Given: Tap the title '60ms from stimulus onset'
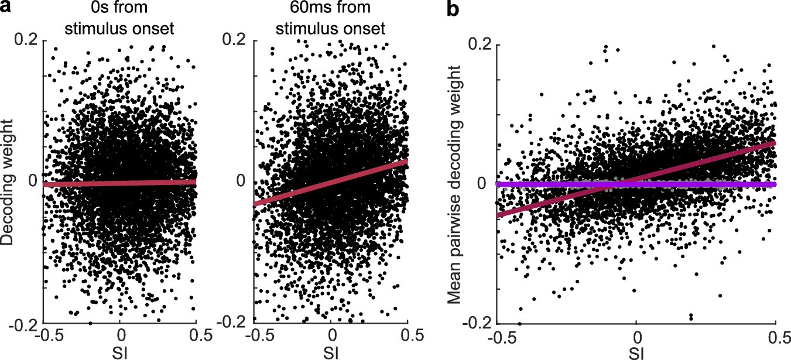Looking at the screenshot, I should [x=331, y=19].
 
